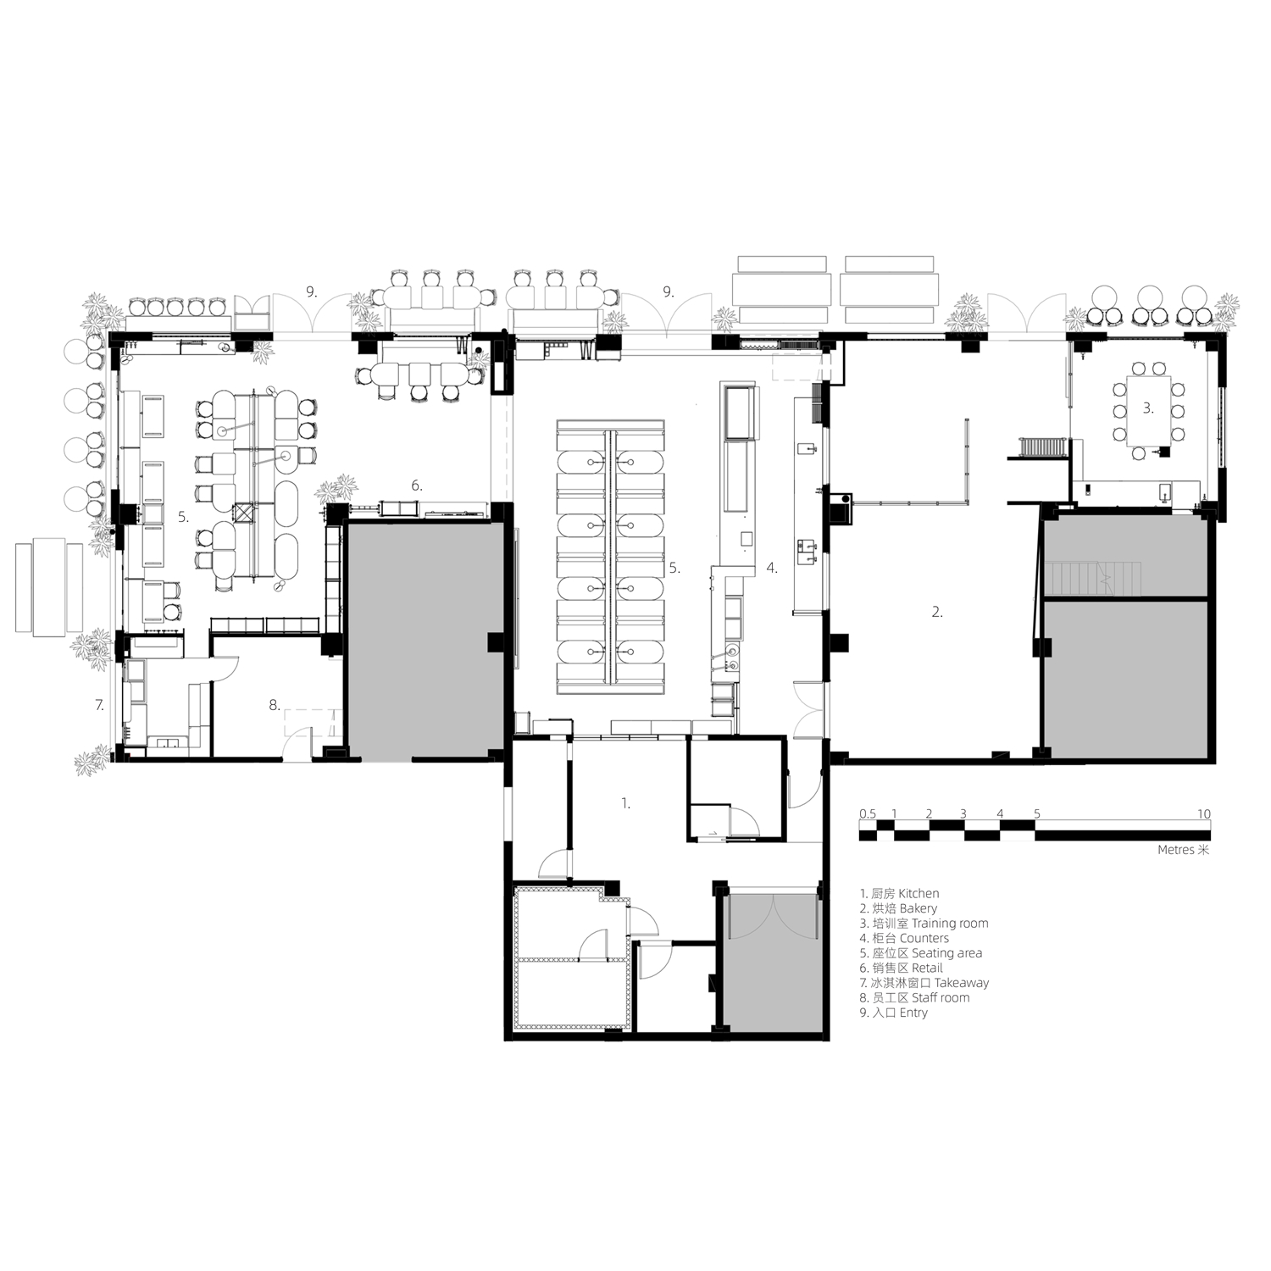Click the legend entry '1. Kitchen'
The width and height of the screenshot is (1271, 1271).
pos(899,893)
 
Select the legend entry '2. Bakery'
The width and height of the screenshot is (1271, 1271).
pos(898,908)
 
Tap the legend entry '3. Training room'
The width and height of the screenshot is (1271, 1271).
pos(924,924)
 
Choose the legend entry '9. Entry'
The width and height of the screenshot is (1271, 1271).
pos(893,1013)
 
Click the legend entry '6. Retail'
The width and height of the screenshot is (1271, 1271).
pos(901,968)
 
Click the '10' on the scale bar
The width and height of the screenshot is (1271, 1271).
pos(1204,813)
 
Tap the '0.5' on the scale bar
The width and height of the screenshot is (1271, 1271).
pos(868,813)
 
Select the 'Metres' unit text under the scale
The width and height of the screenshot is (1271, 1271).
pos(1177,850)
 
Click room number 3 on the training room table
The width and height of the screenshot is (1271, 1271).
pos(1148,408)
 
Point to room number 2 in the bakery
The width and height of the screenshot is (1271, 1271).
pos(937,612)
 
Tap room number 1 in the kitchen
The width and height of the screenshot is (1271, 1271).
pos(626,802)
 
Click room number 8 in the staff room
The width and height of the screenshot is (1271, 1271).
pos(274,704)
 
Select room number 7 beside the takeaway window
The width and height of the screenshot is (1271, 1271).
pos(99,704)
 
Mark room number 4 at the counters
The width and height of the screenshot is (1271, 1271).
pos(772,568)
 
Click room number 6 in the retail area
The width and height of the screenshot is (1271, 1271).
pos(416,486)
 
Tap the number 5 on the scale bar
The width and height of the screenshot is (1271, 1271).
pos(1036,813)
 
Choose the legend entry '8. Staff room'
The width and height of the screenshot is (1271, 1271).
pos(914,997)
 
